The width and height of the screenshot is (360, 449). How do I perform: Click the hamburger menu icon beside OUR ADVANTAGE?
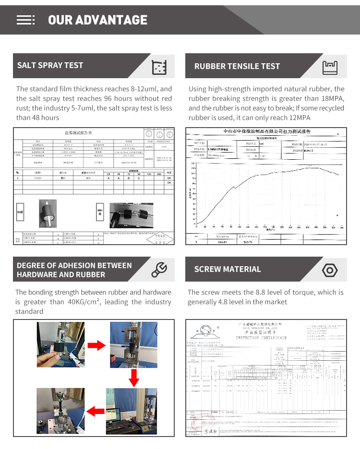pyautogui.click(x=25, y=20)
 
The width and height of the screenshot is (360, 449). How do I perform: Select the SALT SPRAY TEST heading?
pyautogui.click(x=50, y=65)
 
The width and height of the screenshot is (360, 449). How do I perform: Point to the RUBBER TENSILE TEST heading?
pyautogui.click(x=237, y=66)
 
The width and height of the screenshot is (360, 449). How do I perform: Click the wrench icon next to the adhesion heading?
pyautogui.click(x=159, y=270)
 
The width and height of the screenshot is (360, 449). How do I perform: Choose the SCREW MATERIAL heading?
pyautogui.click(x=228, y=269)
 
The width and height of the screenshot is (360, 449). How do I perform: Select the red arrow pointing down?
pyautogui.click(x=134, y=378)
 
